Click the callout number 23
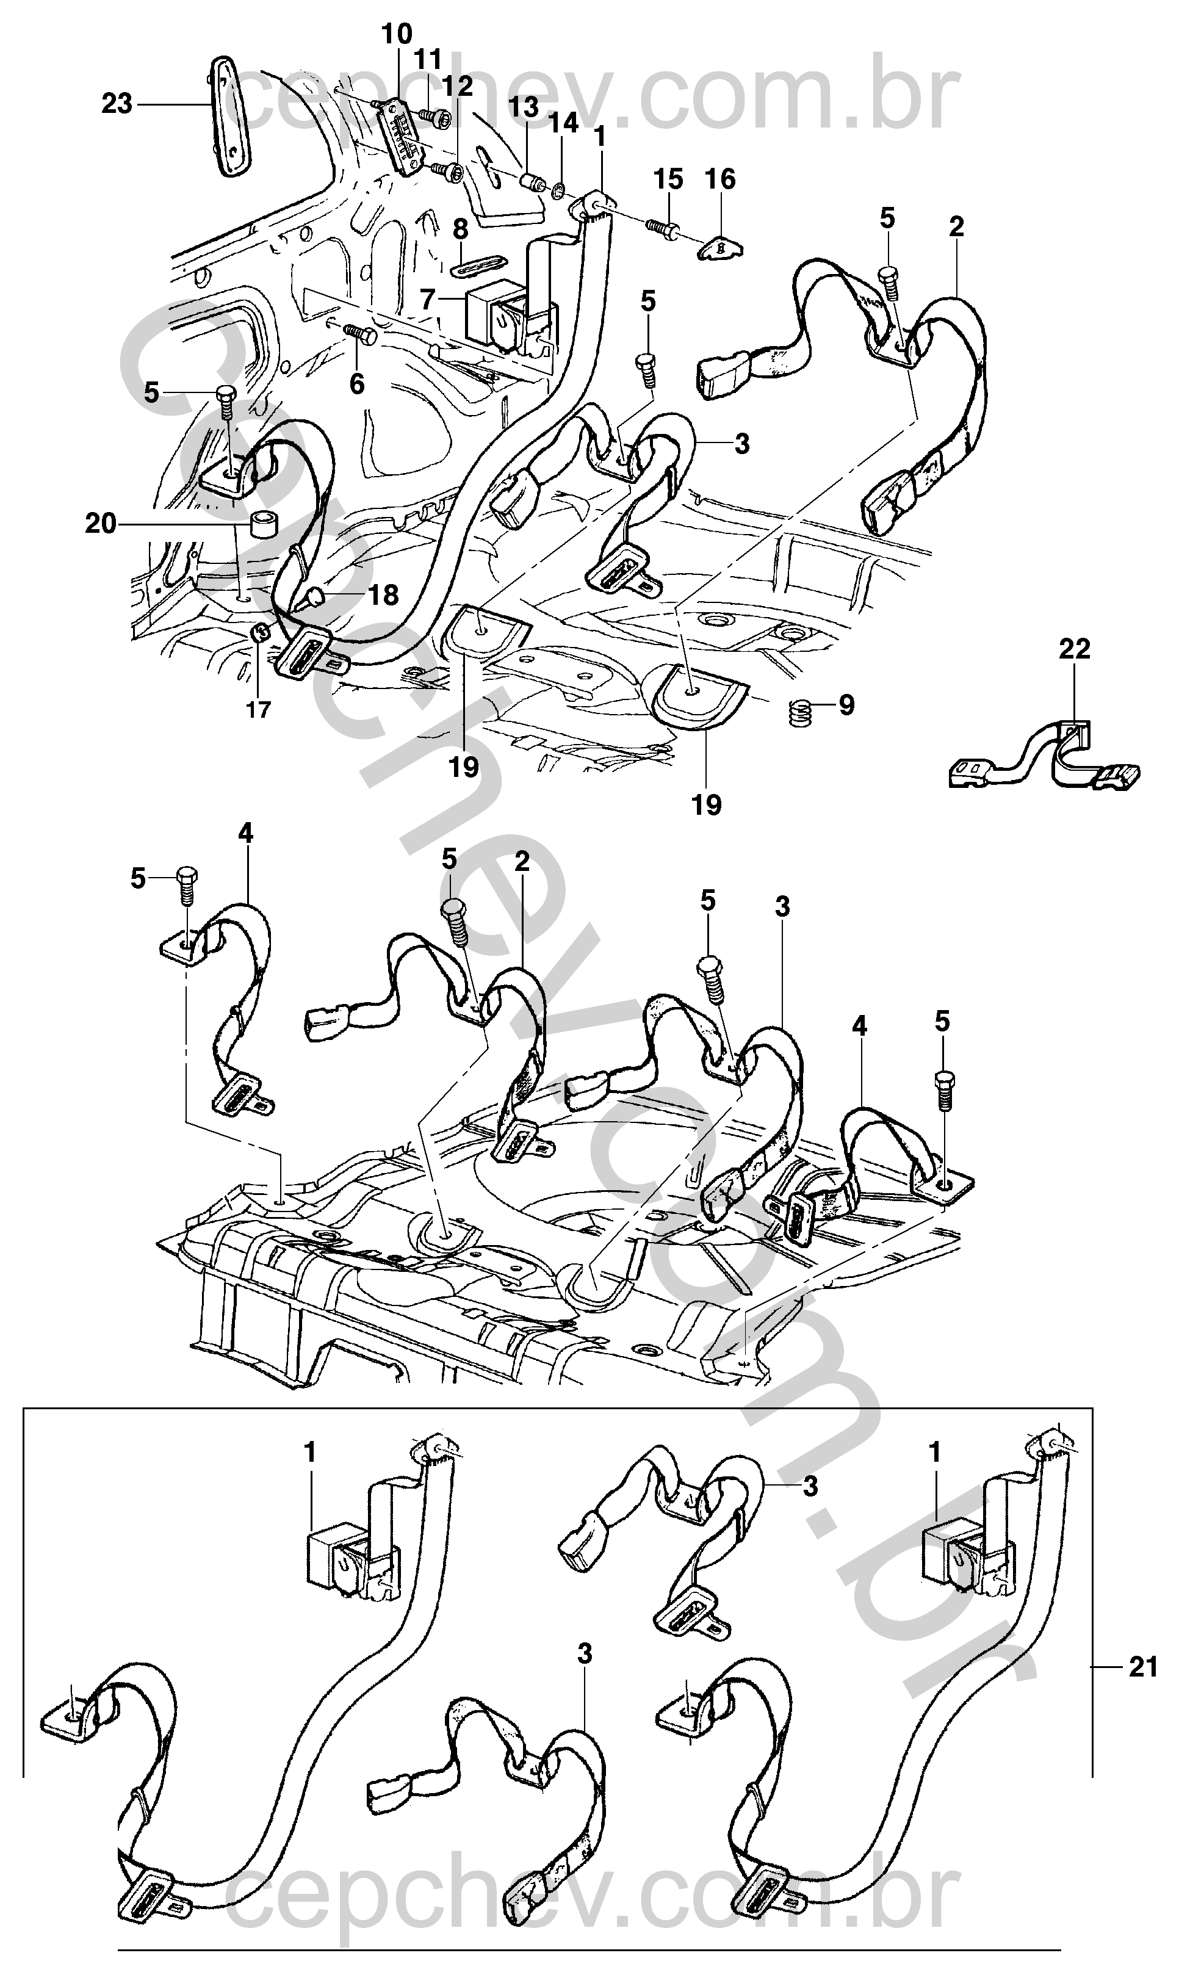pos(117,103)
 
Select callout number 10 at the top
pos(397,34)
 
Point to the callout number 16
pos(721,179)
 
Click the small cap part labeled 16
pos(721,248)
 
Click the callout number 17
pos(258,709)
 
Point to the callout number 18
pos(384,594)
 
